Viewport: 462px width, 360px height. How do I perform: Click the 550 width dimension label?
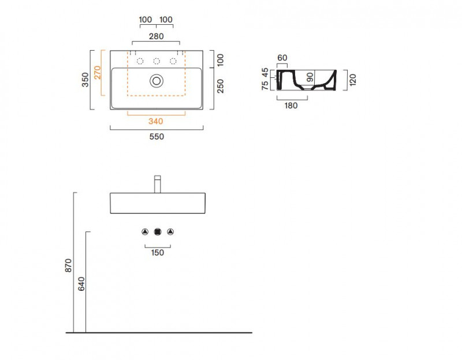click(x=157, y=137)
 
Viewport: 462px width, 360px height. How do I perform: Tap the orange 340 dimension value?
click(x=155, y=121)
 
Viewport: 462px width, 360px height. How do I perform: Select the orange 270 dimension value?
click(x=98, y=73)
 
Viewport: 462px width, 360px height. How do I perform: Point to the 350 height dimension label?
click(x=85, y=80)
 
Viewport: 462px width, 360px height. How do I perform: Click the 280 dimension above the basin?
click(x=156, y=36)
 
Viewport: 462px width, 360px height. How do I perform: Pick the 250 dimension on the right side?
click(x=221, y=86)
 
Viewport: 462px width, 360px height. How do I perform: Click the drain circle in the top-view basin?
click(x=157, y=81)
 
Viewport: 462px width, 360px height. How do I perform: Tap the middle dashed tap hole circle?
click(x=157, y=61)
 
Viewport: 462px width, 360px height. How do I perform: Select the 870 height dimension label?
click(x=68, y=265)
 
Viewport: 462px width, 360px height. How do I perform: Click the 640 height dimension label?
click(x=81, y=284)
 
